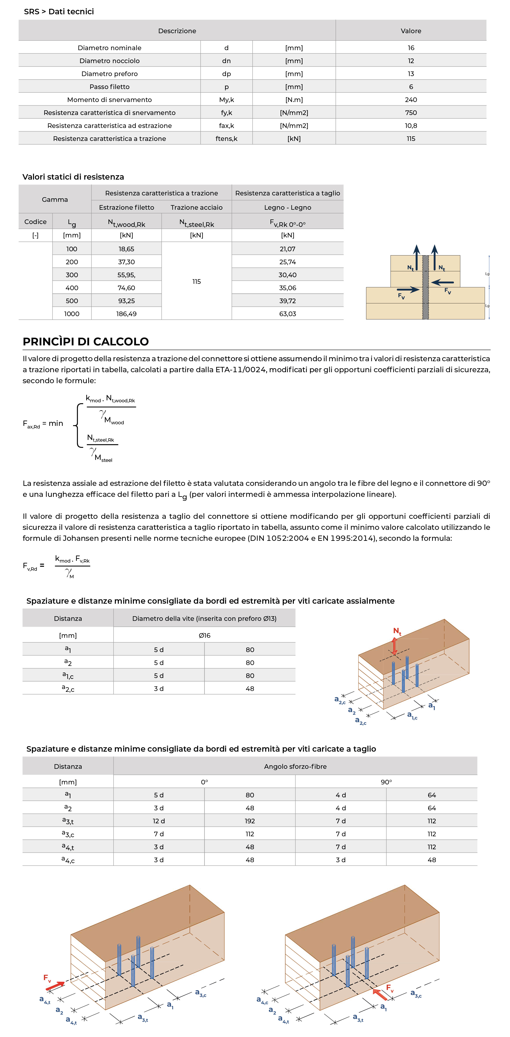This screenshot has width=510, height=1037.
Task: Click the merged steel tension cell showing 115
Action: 197,281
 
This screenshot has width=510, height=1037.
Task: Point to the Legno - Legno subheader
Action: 288,207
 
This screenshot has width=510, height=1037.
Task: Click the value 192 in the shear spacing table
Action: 250,821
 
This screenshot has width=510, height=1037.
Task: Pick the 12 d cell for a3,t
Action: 159,821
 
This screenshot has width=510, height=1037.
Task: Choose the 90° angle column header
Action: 386,782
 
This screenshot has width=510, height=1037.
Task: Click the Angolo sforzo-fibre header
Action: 295,766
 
